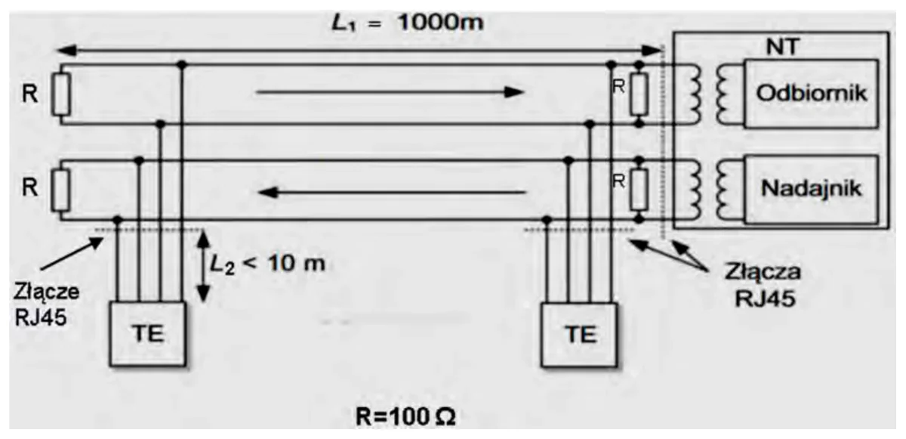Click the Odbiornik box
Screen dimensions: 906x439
812,94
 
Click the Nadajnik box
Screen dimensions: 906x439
812,189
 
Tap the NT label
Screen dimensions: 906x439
783,47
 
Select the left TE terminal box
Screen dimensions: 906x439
148,334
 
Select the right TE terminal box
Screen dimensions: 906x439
579,335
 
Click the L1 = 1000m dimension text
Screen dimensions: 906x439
407,22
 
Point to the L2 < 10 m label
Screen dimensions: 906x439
267,264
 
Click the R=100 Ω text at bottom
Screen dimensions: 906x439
405,417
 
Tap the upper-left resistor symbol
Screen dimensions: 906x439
60,94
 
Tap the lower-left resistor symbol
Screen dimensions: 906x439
60,190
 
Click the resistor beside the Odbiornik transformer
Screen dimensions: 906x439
639,94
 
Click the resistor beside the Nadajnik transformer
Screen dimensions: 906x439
639,190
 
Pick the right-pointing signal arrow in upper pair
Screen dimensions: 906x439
390,92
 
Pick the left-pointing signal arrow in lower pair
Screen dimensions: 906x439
392,192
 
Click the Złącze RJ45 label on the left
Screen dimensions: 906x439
46,305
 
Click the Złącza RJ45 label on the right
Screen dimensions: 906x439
763,285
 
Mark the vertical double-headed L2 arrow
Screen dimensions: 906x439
203,266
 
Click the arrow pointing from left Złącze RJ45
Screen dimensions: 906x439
72,253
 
